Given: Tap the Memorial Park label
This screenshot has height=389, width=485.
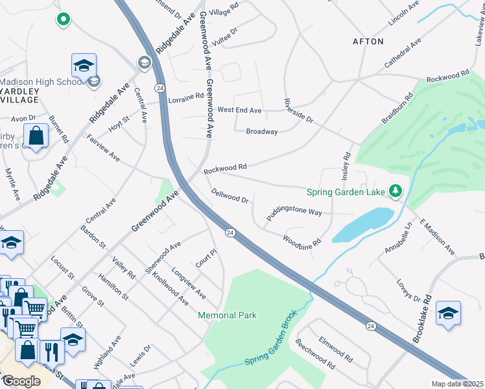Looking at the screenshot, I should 227,316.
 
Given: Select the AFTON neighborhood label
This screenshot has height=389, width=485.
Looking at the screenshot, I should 368,41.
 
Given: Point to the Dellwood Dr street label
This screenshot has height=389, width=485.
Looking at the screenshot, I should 230,196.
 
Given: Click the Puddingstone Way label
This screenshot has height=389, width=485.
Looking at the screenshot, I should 294,213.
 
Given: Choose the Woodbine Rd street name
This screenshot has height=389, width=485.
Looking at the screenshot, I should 302,241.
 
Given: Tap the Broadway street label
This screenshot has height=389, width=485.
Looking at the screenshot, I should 261,132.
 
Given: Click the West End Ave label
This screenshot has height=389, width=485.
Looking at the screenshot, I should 239,111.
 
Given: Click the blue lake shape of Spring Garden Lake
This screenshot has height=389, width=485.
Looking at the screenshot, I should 363,226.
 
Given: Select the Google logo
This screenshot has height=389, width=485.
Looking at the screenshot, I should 21,381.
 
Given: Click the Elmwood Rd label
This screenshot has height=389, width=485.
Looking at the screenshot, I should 335,350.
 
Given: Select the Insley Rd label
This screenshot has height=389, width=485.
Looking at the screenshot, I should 346,165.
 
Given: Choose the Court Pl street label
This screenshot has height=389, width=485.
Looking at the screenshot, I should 205,259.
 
